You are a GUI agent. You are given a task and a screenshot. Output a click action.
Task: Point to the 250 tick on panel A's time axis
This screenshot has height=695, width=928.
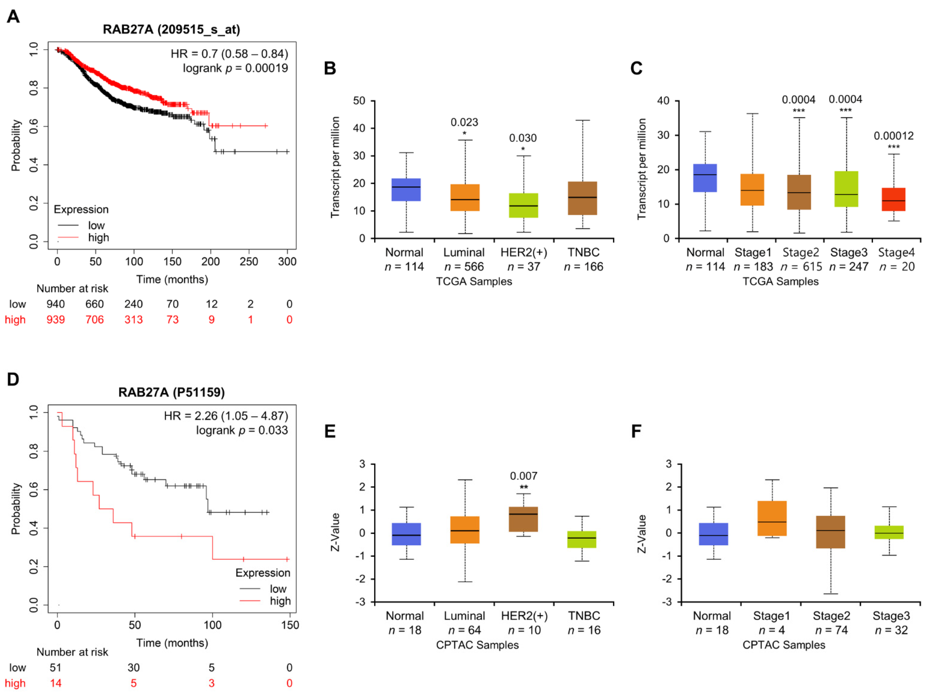click(x=249, y=262)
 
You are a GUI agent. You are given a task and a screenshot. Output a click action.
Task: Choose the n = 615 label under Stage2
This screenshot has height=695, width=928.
click(x=801, y=267)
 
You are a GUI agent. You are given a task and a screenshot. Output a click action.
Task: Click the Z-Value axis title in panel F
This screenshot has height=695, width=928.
click(x=642, y=534)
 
